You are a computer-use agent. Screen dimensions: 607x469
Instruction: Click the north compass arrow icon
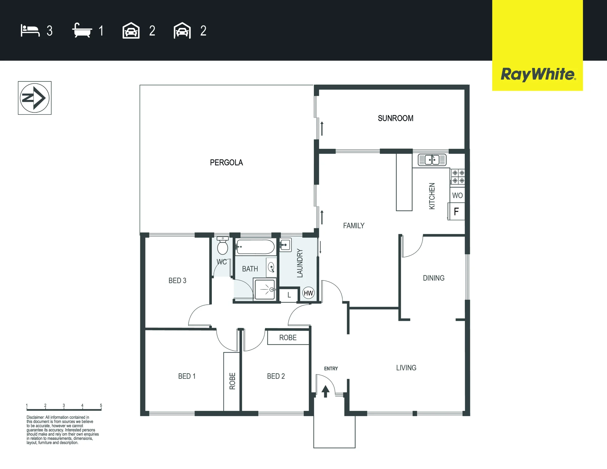[x=35, y=98]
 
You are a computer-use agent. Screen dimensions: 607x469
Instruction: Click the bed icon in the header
[x=30, y=31]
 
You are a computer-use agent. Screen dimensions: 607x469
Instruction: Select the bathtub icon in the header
[x=82, y=30]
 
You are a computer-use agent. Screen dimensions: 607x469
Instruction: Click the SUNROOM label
[x=395, y=118]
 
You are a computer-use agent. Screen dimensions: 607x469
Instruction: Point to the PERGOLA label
[x=226, y=162]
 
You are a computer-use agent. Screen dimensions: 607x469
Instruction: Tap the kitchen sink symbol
[x=432, y=160]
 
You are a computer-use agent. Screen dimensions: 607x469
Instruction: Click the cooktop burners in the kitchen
[x=458, y=177]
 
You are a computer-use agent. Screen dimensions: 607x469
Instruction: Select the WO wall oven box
[x=457, y=195]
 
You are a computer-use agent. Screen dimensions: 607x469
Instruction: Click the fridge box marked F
[x=456, y=211]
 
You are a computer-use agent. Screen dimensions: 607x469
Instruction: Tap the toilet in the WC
[x=223, y=246]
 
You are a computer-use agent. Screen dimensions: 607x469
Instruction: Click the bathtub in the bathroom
[x=255, y=247]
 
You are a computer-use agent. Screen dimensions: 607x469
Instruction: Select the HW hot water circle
[x=308, y=293]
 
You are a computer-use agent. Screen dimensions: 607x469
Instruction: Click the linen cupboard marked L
[x=289, y=295]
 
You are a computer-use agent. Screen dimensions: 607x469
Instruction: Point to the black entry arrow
[x=325, y=391]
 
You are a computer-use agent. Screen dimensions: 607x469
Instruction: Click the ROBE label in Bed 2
[x=288, y=338]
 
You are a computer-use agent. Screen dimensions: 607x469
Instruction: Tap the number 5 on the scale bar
[x=101, y=405]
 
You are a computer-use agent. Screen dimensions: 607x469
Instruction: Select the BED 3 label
[x=177, y=280]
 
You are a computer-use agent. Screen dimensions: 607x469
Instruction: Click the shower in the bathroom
[x=265, y=290]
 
